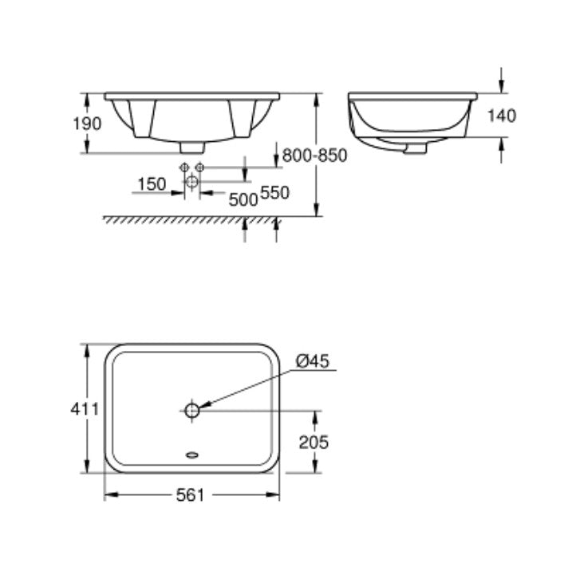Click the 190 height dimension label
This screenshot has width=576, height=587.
pos(88,124)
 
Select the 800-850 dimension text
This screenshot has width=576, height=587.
pos(315,156)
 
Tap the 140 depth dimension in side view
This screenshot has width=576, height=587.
pos(501,116)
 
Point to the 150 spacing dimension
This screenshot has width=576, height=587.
pos(152,184)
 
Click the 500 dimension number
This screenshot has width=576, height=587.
pos(243,199)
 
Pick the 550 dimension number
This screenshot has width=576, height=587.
pos(274,193)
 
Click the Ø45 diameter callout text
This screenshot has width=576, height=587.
pos(313,361)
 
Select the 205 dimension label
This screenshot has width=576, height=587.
pos(313,442)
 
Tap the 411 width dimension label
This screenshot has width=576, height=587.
pos(84,409)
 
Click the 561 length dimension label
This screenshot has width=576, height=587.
pos(191,495)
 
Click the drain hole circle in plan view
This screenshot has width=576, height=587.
pos(191,411)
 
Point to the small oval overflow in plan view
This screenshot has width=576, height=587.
pos(191,456)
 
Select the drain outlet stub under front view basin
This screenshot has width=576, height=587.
pos(191,148)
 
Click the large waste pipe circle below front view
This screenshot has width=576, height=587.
pos(191,183)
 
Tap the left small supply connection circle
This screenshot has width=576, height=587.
pos(184,167)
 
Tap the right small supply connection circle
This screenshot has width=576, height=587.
pos(200,167)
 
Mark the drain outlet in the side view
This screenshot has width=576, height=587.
pos(414,148)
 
